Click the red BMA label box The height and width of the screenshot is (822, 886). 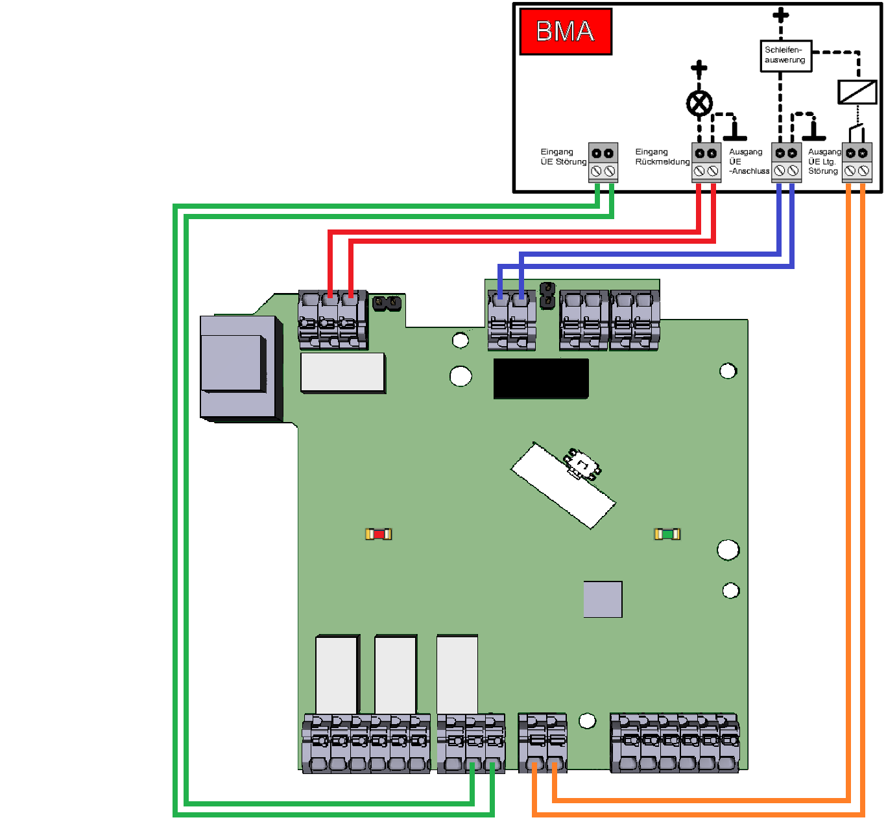(566, 32)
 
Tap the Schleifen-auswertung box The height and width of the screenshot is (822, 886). (785, 56)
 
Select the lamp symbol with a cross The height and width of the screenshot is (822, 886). (699, 104)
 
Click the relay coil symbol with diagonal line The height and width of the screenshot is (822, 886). (857, 92)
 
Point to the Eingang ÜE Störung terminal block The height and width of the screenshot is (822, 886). (603, 162)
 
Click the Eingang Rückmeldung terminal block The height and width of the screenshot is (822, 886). (706, 162)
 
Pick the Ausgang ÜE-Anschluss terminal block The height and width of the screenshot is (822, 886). (786, 162)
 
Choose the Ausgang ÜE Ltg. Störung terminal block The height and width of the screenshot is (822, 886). (857, 162)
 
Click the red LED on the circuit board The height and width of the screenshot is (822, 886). (378, 534)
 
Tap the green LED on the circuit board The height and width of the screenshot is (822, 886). (667, 534)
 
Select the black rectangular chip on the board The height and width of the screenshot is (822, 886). (541, 379)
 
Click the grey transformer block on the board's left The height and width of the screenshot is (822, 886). (241, 368)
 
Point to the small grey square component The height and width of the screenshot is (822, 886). (603, 599)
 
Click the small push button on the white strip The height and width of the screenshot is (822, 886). (582, 464)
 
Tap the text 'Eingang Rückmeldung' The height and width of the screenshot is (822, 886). (662, 156)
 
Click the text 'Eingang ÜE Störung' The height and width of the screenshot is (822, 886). (563, 156)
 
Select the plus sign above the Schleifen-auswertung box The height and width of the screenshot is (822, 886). (780, 15)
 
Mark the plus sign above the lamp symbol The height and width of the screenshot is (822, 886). (699, 68)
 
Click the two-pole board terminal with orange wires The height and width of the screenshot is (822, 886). (542, 743)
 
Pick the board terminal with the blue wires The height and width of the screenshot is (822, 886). (512, 320)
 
